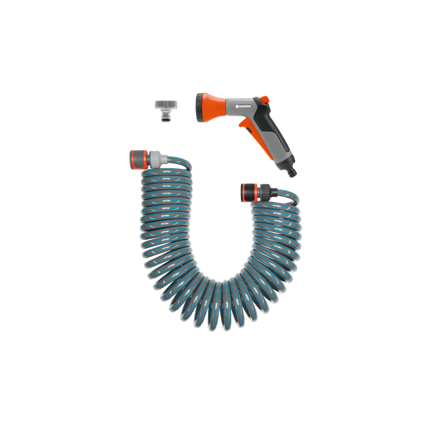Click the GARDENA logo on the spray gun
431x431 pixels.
(x=245, y=106)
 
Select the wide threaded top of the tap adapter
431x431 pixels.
(x=166, y=105)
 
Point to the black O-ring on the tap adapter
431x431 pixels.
(x=166, y=119)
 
